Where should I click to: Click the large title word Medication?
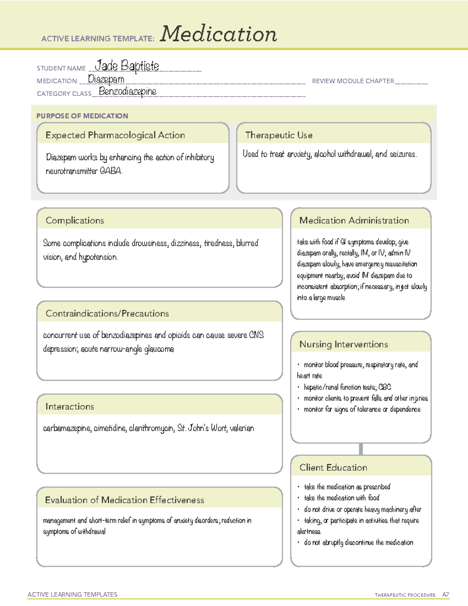[218, 34]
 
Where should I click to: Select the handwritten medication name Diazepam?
[106, 79]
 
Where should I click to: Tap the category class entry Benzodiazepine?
[128, 92]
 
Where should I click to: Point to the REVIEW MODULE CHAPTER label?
[353, 81]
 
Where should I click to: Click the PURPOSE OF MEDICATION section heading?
[82, 116]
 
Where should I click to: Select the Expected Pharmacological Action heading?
[115, 135]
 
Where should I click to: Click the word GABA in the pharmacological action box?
[111, 171]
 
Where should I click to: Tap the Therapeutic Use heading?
[278, 135]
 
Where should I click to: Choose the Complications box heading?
[74, 221]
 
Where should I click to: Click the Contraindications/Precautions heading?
[107, 314]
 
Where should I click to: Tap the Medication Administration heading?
[354, 221]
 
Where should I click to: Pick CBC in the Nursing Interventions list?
[385, 387]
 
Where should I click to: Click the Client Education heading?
[333, 468]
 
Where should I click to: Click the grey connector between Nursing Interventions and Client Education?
[361, 449]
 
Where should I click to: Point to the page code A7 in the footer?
[445, 595]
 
